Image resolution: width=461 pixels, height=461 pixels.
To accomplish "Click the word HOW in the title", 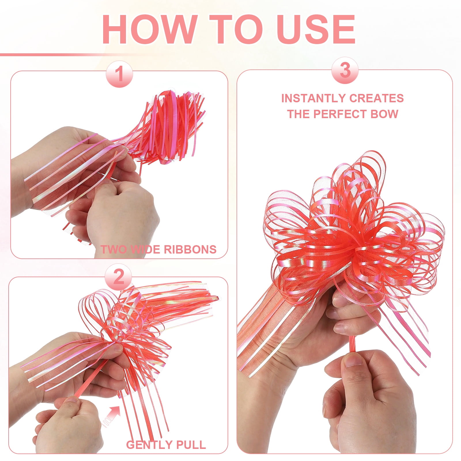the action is pyautogui.click(x=149, y=30).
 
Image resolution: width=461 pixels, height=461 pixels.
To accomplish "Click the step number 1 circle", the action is pyautogui.click(x=119, y=74).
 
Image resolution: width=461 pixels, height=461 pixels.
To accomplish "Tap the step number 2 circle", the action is pyautogui.click(x=118, y=277).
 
